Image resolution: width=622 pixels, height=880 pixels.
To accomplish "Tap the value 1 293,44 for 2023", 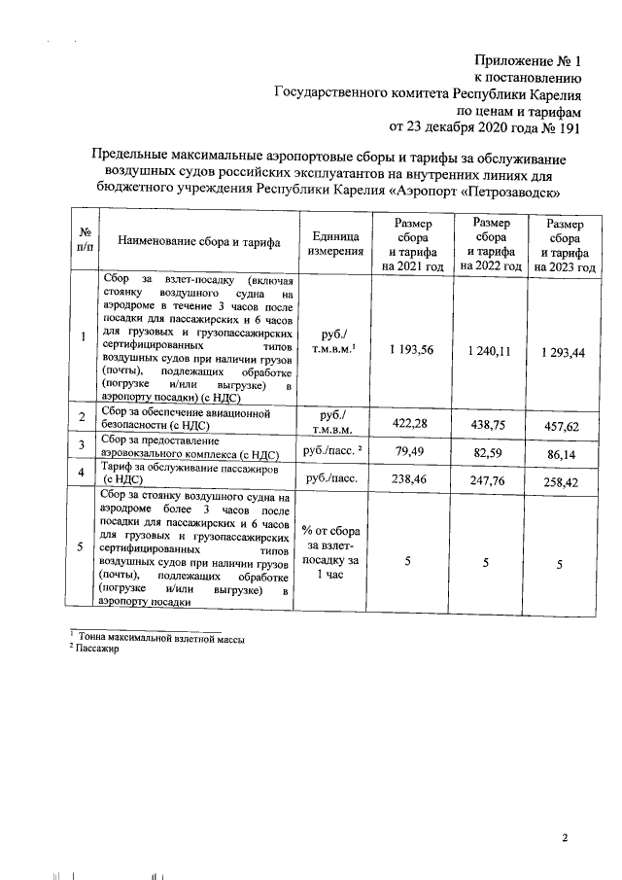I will point(563,352).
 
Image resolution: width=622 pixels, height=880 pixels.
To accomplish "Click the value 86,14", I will point(563,452).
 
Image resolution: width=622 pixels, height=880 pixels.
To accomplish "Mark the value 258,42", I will point(563,480).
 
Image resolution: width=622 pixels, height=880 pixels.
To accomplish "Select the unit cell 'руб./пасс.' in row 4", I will point(332,478).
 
